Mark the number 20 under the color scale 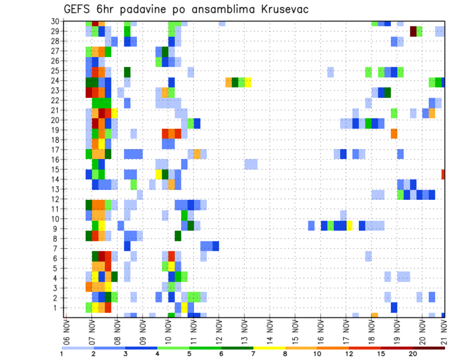pyautogui.click(x=413, y=354)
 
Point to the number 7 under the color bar pyautogui.click(x=253, y=354)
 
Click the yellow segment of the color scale pyautogui.click(x=269, y=348)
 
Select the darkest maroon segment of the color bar pyautogui.click(x=429, y=348)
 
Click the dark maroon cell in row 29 pyautogui.click(x=413, y=32)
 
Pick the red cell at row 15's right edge pyautogui.click(x=443, y=174)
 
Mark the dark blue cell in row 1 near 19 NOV pyautogui.click(x=394, y=307)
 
